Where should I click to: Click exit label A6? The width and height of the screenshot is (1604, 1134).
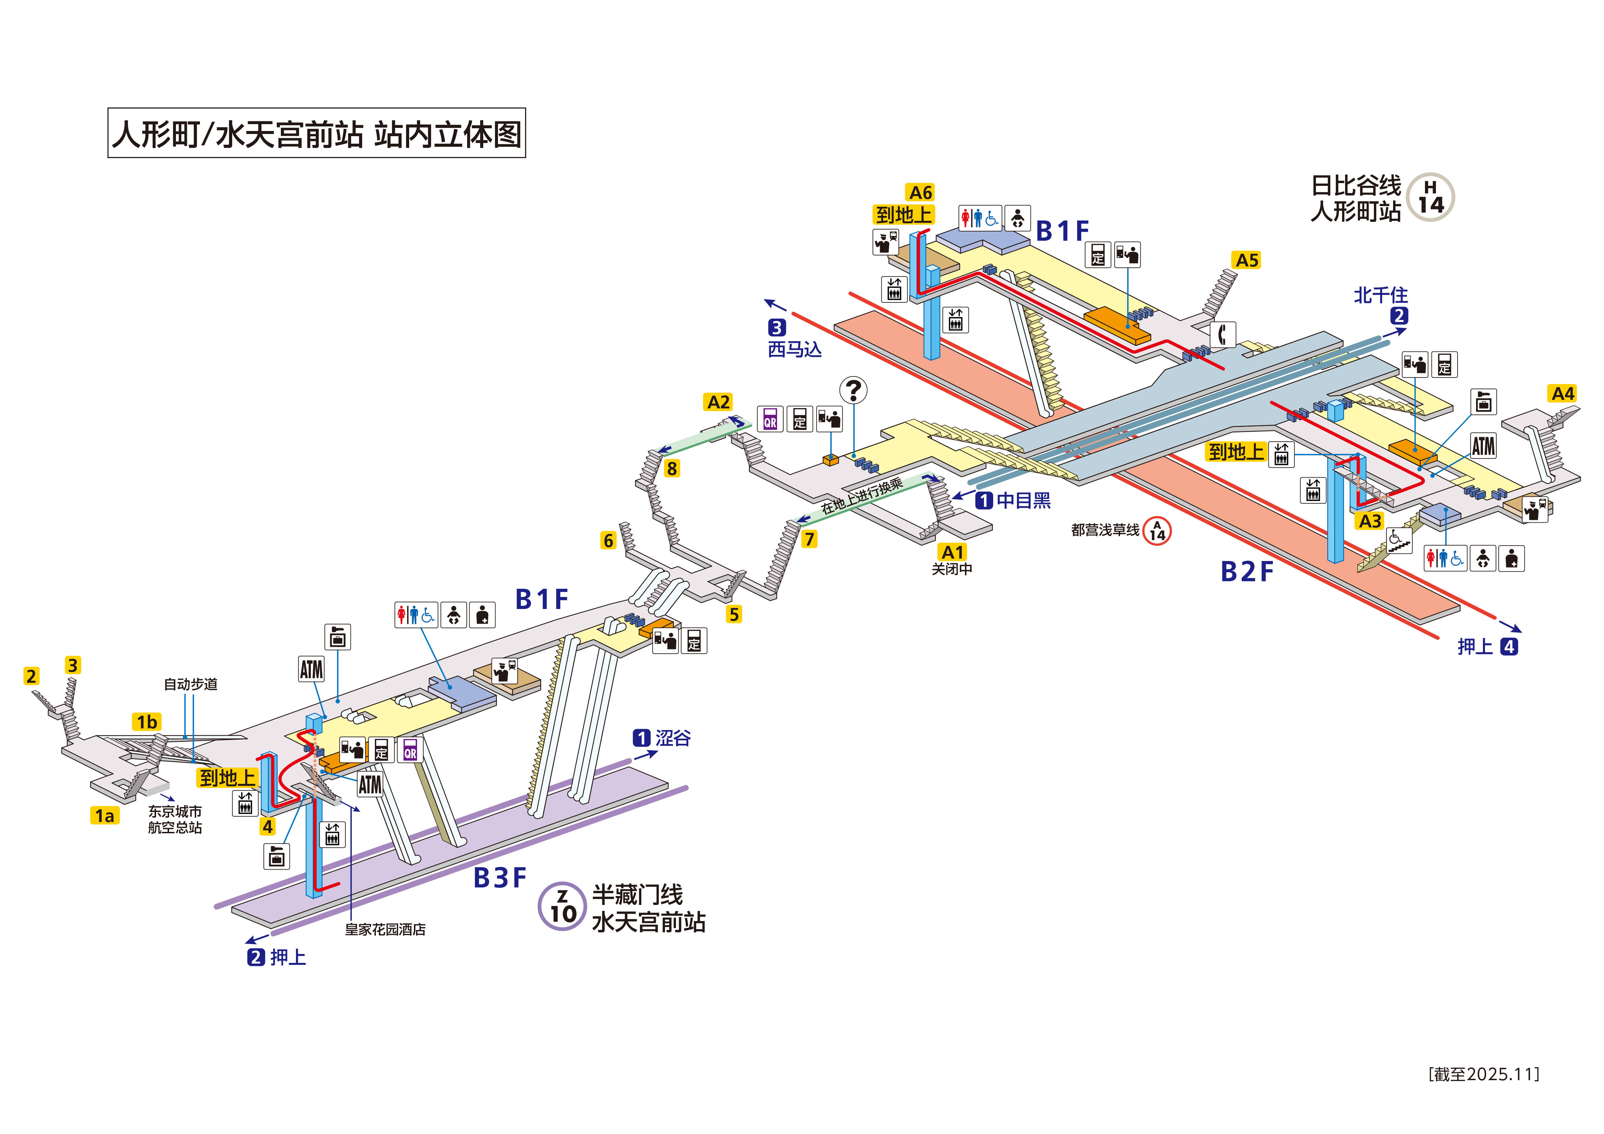(x=920, y=192)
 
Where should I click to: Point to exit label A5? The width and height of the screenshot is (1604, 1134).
(x=1247, y=261)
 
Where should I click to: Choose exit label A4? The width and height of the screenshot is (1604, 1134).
(x=1563, y=393)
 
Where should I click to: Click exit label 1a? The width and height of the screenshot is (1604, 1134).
(x=105, y=815)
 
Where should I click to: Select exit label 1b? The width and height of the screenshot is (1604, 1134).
(x=147, y=722)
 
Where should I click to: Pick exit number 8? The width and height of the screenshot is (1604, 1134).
(x=672, y=468)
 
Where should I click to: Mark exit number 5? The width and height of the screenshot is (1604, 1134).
(x=734, y=614)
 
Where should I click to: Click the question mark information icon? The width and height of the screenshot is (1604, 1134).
(x=853, y=390)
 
